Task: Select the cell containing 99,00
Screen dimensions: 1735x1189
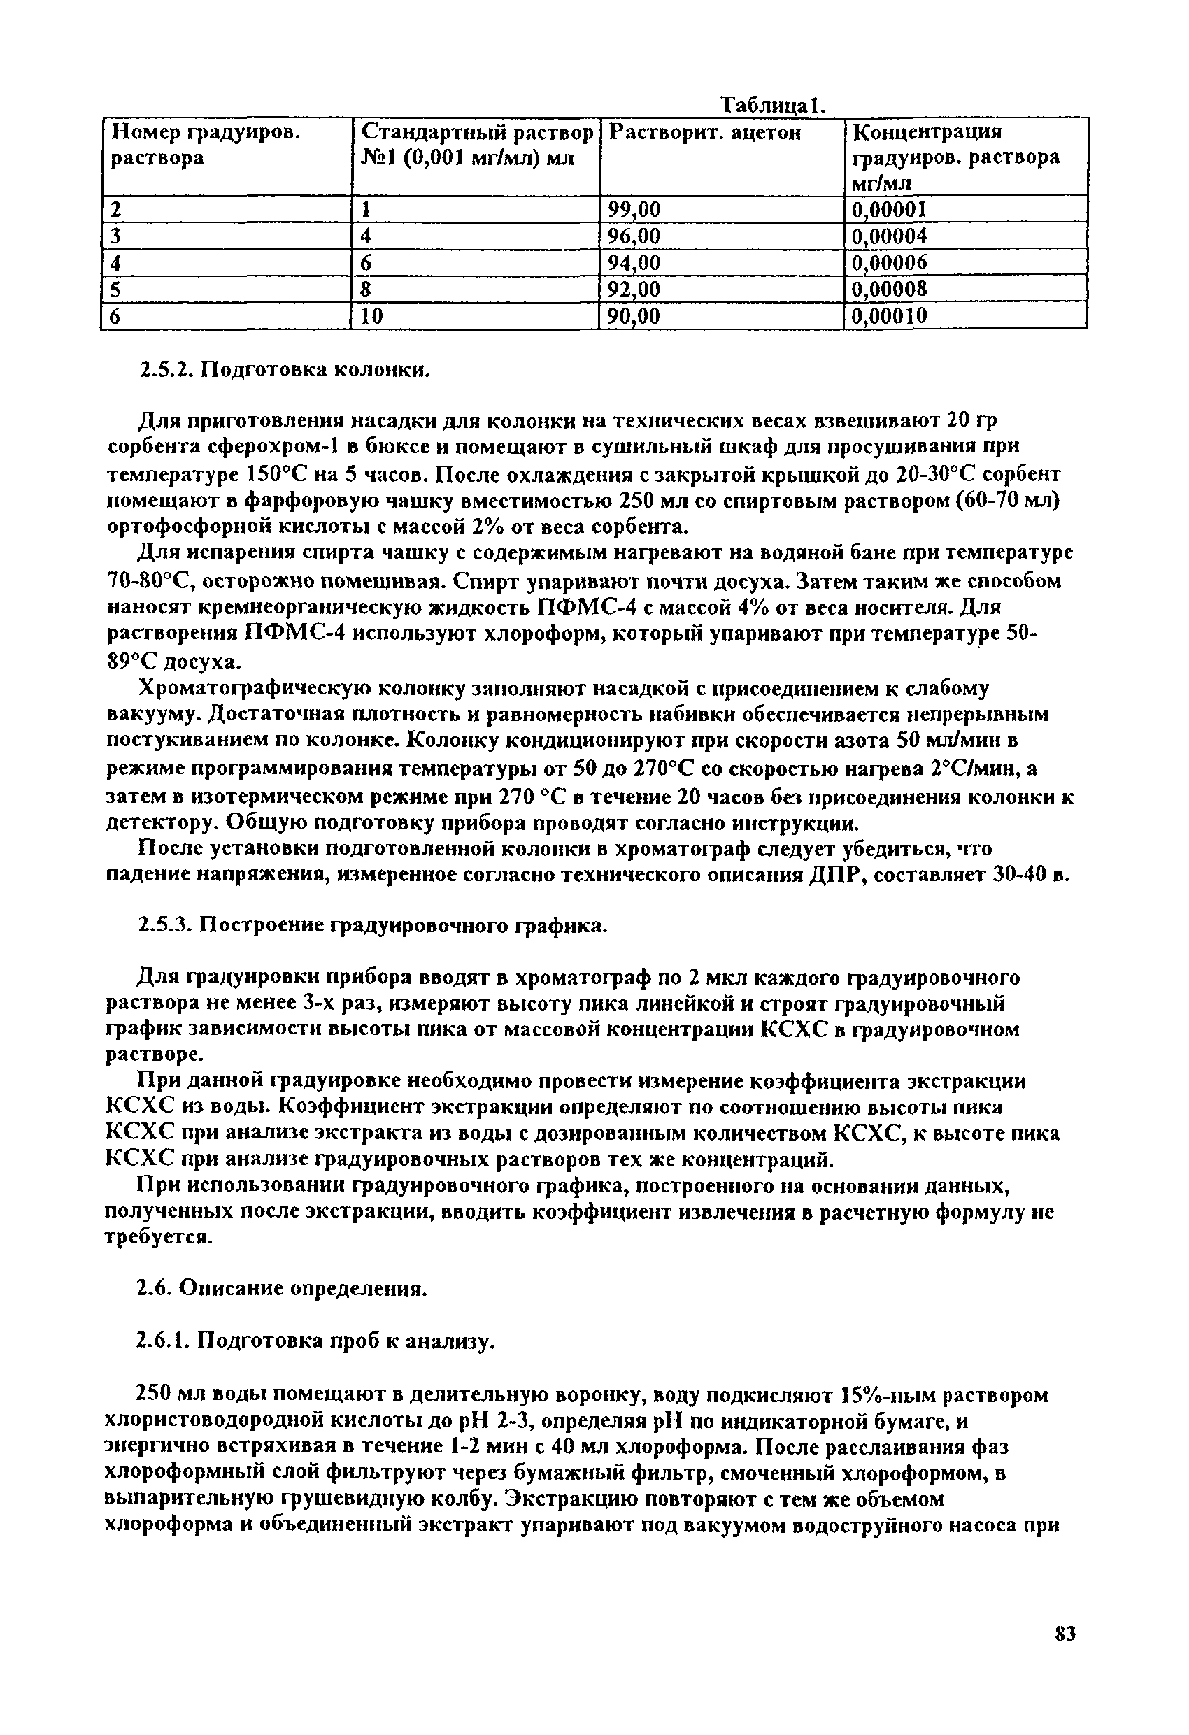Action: (x=635, y=210)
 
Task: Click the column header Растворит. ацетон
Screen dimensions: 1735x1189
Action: (x=705, y=133)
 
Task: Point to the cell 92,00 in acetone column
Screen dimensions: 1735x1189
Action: (x=635, y=290)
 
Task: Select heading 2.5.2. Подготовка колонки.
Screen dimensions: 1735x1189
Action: (x=286, y=371)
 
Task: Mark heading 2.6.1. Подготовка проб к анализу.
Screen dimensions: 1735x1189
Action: (x=318, y=1341)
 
